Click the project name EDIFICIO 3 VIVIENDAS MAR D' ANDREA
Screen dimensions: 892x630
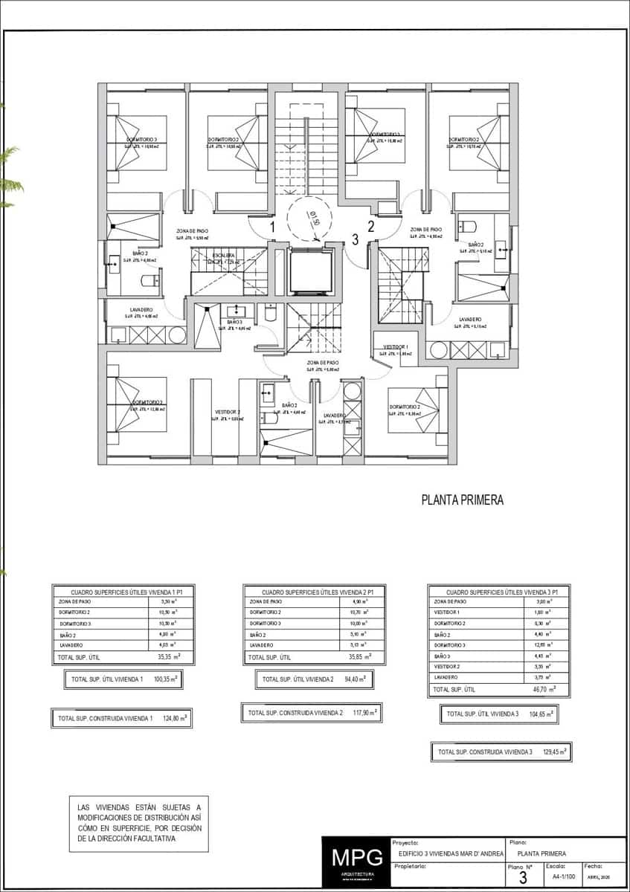pyautogui.click(x=451, y=853)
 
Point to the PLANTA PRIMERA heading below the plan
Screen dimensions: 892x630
pyautogui.click(x=462, y=500)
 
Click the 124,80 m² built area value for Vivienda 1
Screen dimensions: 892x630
pyautogui.click(x=175, y=718)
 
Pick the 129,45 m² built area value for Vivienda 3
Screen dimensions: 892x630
pyautogui.click(x=554, y=752)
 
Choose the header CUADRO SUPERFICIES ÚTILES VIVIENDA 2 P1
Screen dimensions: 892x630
pyautogui.click(x=313, y=590)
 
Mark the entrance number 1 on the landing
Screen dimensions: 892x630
pyautogui.click(x=273, y=227)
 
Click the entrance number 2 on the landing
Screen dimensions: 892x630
pyautogui.click(x=370, y=227)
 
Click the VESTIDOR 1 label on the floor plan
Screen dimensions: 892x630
pyautogui.click(x=395, y=346)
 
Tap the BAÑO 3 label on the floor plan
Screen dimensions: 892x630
pyautogui.click(x=235, y=322)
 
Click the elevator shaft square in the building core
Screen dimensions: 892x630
pyautogui.click(x=311, y=273)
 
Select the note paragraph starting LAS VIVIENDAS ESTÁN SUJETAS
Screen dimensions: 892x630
pyautogui.click(x=138, y=822)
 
